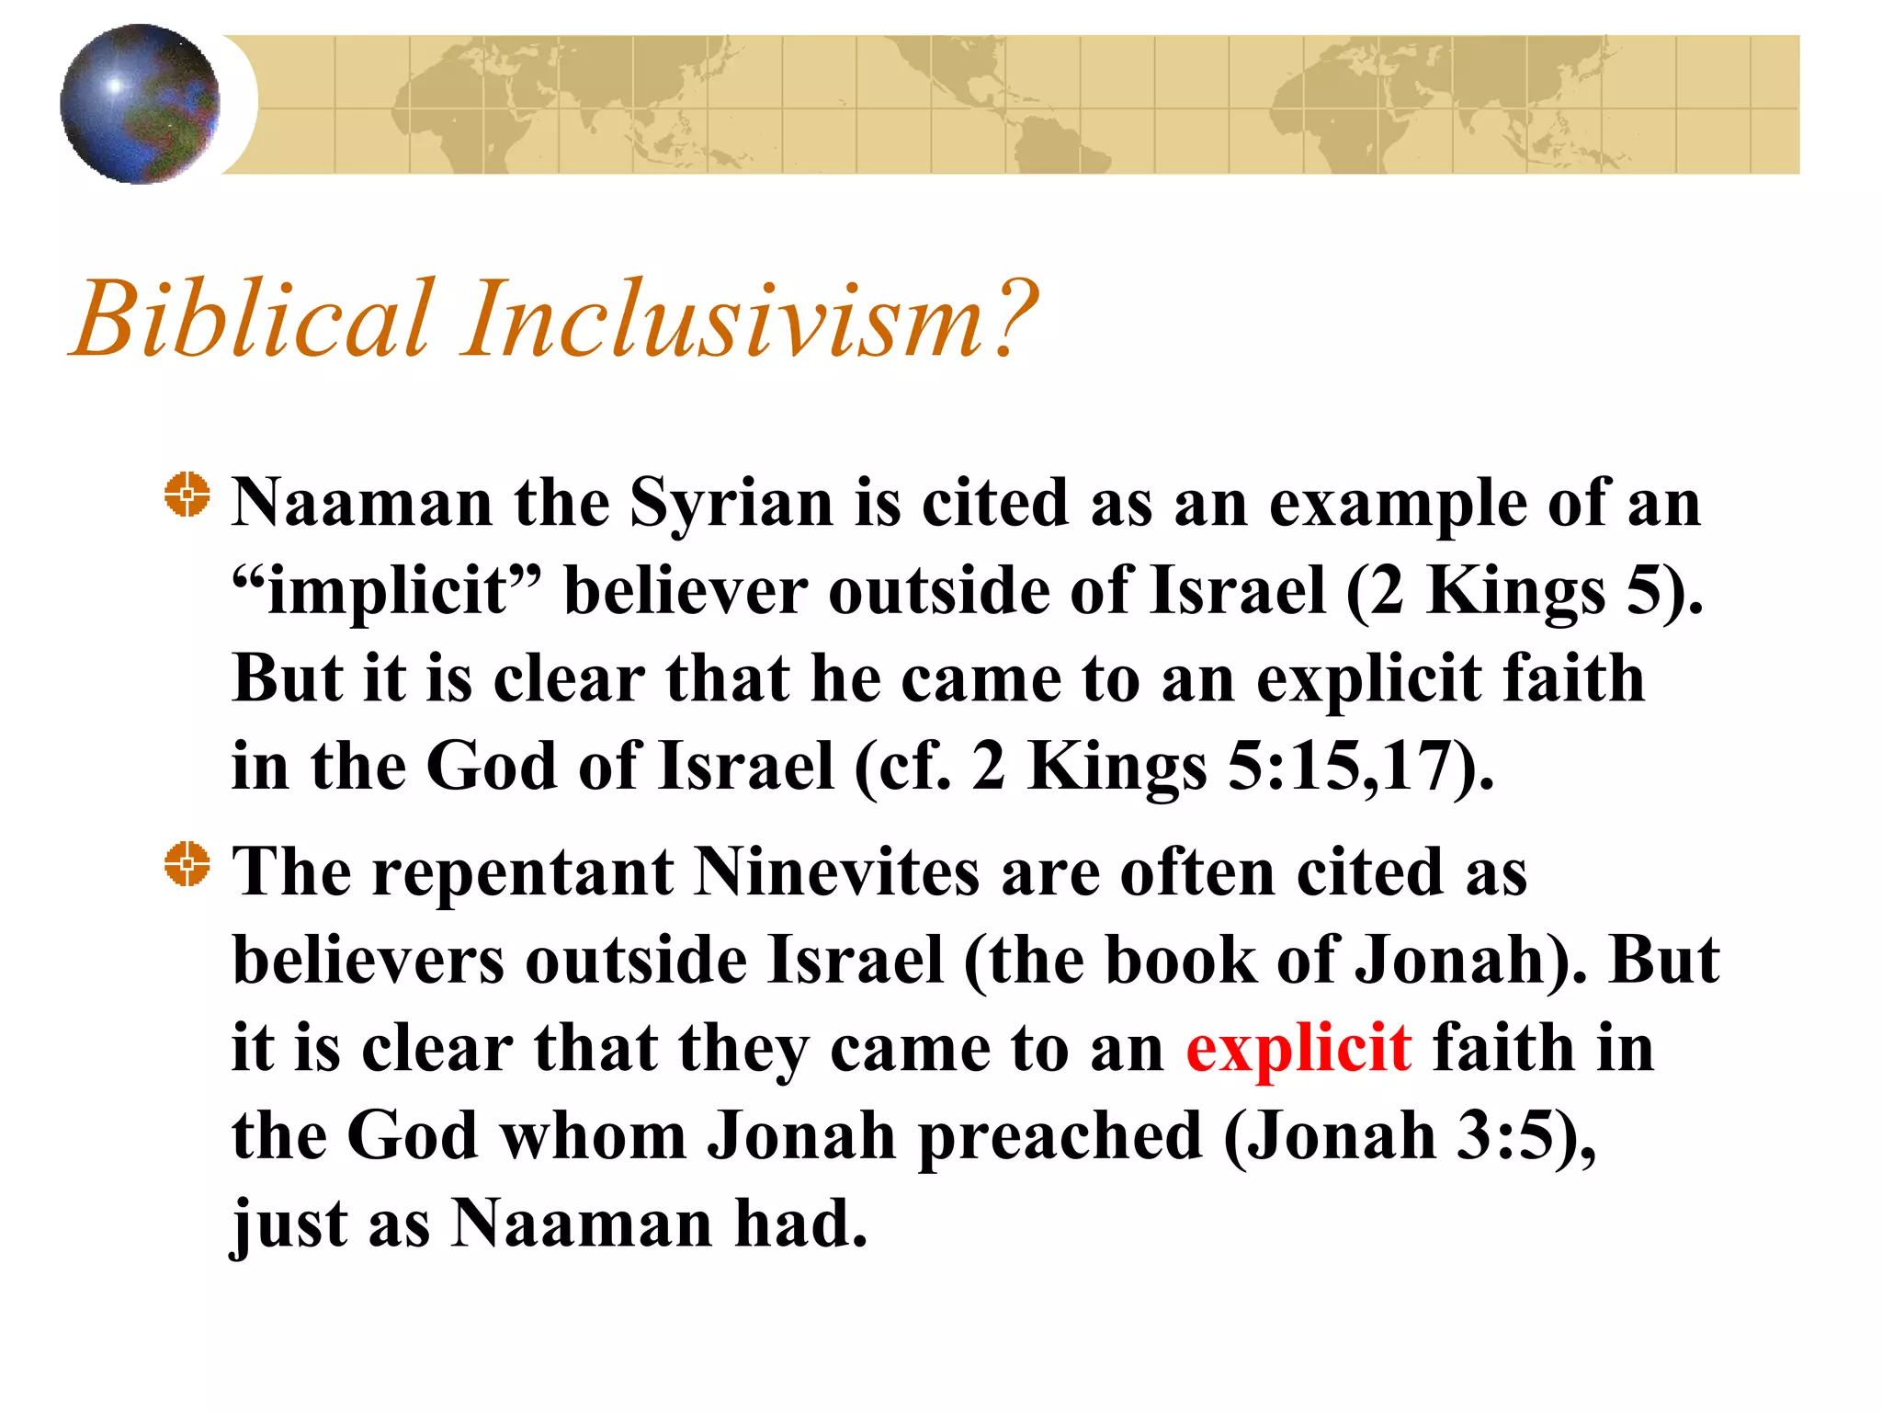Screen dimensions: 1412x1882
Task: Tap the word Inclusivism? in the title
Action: click(x=749, y=319)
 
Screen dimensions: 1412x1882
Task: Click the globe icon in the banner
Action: click(x=140, y=104)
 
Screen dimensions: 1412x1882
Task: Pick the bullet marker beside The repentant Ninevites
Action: click(x=187, y=865)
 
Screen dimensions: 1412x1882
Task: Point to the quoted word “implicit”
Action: click(x=387, y=591)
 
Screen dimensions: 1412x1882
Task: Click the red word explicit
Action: click(x=1298, y=1049)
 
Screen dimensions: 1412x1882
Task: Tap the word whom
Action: click(x=593, y=1136)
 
